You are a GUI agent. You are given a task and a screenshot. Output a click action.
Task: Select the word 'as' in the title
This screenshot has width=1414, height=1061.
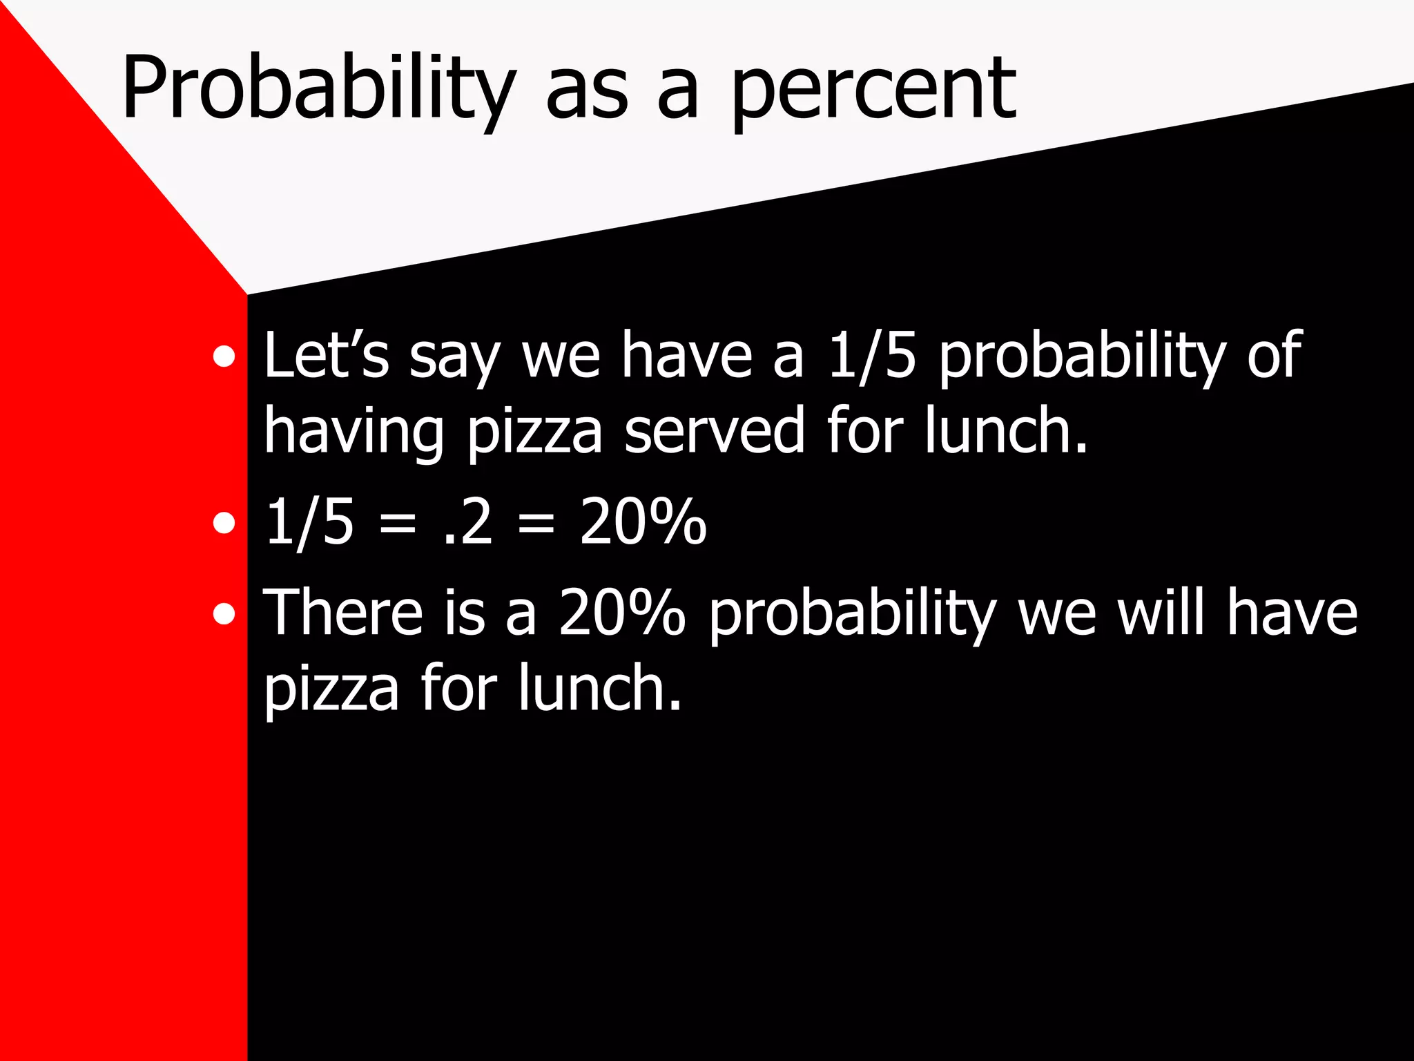587,93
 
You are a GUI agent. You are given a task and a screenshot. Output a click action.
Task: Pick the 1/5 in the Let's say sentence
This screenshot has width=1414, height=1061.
871,355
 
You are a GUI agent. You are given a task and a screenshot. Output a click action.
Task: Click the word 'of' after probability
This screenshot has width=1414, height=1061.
1275,355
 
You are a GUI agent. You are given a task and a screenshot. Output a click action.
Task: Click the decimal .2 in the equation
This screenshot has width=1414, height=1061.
468,522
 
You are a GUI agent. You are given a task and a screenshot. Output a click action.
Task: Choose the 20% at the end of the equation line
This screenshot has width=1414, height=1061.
642,521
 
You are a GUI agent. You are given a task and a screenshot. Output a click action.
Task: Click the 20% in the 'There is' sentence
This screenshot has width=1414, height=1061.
621,612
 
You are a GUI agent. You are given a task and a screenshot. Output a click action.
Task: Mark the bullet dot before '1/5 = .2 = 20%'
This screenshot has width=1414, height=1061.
224,523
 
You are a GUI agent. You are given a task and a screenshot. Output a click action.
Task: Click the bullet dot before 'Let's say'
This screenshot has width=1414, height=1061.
224,357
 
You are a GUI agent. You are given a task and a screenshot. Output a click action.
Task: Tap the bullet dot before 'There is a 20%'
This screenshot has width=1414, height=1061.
224,613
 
